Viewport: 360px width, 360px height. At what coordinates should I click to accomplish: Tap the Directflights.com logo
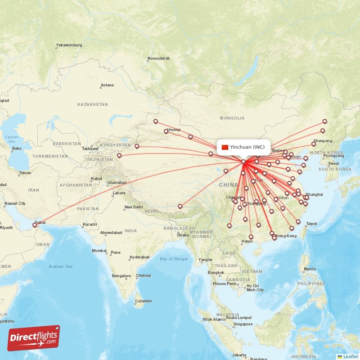point(34,338)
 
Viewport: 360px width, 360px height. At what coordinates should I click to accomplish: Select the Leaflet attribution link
point(351,356)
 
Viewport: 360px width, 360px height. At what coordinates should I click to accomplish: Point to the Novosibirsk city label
point(158,59)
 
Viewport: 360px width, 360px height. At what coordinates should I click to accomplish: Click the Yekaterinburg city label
point(69,45)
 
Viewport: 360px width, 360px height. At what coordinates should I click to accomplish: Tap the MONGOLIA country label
point(232,118)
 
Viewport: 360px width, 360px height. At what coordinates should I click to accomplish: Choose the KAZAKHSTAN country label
point(93,104)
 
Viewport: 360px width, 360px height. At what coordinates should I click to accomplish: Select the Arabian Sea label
point(61,266)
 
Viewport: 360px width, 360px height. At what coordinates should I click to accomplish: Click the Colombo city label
point(144,301)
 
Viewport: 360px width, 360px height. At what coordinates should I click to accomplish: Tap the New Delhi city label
point(134,207)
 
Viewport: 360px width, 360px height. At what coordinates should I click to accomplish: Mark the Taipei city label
point(311,224)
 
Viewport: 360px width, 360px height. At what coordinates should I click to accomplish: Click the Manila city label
point(310,269)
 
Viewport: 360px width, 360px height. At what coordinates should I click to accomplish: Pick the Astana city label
point(107,85)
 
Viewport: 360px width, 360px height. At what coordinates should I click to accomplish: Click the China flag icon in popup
point(225,147)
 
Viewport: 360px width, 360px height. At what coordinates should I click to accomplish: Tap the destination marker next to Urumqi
point(166,131)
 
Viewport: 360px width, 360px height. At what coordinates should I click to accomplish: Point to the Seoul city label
point(333,163)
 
